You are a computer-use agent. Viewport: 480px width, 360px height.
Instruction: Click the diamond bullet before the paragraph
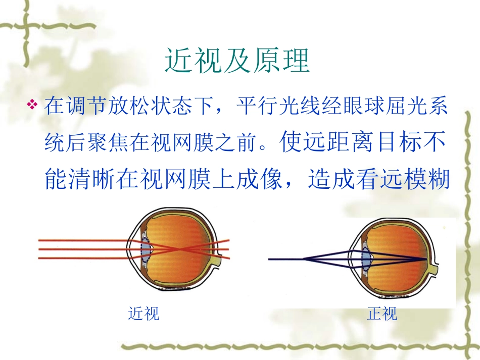pyautogui.click(x=33, y=106)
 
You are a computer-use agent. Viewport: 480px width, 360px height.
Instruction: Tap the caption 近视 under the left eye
pyautogui.click(x=143, y=314)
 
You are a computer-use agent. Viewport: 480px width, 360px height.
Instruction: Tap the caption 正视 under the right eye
pyautogui.click(x=382, y=314)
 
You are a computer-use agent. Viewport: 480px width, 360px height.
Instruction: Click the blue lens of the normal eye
pyautogui.click(x=367, y=259)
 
